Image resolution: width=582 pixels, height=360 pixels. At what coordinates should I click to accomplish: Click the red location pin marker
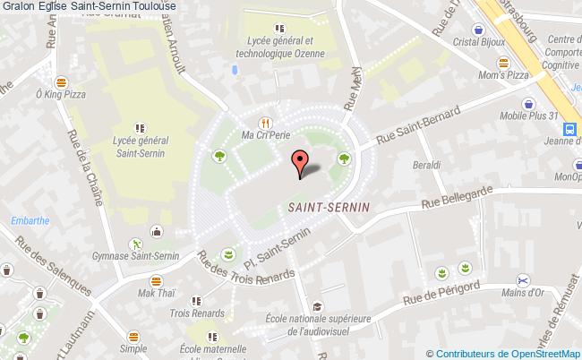pyautogui.click(x=300, y=161)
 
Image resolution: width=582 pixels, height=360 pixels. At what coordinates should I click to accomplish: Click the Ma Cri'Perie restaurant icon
pyautogui.click(x=265, y=123)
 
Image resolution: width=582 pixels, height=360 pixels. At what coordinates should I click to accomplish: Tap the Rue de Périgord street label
pyautogui.click(x=442, y=294)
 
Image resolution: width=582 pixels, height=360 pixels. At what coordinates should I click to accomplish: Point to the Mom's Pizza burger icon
pyautogui.click(x=502, y=63)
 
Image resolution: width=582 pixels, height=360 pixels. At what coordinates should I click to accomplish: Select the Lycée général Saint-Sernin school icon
pyautogui.click(x=138, y=128)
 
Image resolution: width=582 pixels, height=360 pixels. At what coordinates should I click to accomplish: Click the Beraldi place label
pyautogui.click(x=426, y=166)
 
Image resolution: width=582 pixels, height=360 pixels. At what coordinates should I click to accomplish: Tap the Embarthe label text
pyautogui.click(x=30, y=221)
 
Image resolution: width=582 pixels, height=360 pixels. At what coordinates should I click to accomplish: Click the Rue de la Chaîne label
pyautogui.click(x=84, y=170)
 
